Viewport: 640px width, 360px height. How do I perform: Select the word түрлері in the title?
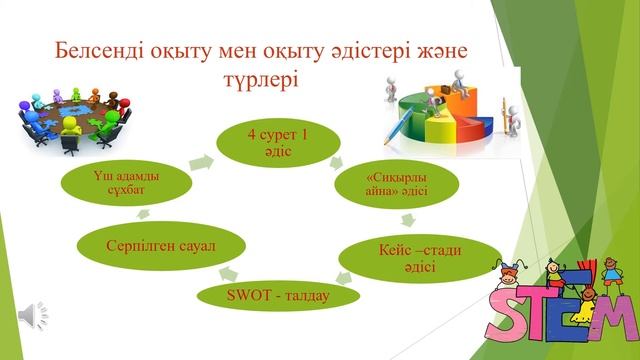[x=265, y=79]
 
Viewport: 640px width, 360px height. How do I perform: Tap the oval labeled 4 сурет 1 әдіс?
[x=274, y=136]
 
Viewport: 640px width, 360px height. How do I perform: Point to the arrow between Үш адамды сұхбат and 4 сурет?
[x=205, y=160]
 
